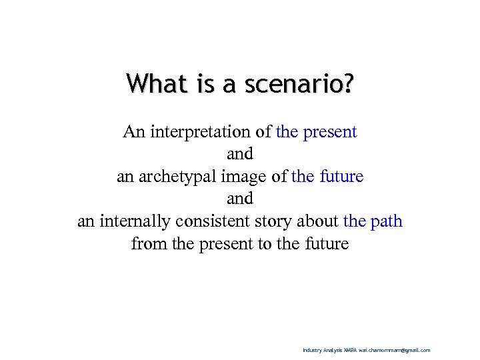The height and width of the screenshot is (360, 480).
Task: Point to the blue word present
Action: tap(330, 132)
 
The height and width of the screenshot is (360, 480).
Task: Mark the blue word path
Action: tap(385, 221)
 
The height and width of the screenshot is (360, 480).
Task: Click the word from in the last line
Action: tap(146, 244)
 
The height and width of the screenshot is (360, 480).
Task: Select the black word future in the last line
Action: tap(325, 244)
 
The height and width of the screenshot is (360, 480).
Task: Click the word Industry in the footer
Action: tap(311, 350)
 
